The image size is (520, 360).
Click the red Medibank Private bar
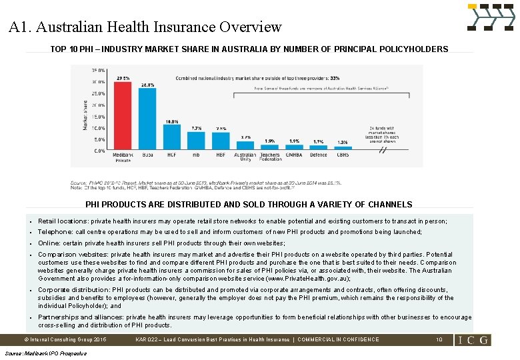(123, 116)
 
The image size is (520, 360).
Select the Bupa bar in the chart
(147, 119)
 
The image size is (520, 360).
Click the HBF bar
(221, 141)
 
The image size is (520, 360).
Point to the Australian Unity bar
(245, 145)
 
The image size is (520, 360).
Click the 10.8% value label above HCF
(171, 122)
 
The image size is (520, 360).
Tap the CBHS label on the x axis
(343, 155)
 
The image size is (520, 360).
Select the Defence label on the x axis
(319, 155)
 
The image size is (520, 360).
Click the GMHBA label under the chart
(294, 155)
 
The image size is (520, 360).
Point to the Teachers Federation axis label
(270, 157)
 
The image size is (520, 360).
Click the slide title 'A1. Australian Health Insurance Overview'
(145, 27)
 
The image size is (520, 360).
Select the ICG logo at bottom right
(473, 339)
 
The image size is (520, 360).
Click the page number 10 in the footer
(439, 339)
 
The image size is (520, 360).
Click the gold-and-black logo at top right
(491, 17)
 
